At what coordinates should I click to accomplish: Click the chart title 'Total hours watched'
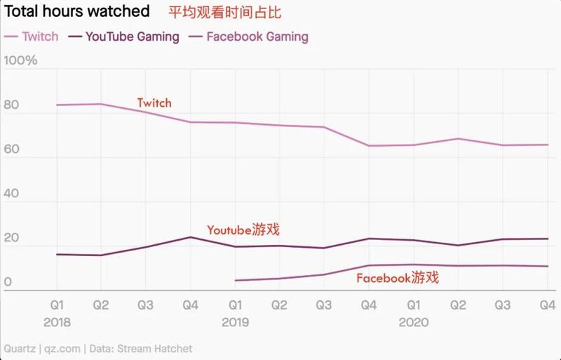77,11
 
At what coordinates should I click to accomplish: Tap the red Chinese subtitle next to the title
224,13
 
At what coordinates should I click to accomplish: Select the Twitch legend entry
31,36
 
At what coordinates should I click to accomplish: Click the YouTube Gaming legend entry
124,36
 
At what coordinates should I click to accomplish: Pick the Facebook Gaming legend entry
249,36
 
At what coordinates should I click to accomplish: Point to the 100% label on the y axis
20,60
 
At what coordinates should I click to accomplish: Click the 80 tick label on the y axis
11,105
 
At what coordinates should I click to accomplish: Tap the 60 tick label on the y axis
11,149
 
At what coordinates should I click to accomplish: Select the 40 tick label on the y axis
11,193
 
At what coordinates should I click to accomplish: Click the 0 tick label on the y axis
8,281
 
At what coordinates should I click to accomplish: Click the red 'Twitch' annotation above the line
154,103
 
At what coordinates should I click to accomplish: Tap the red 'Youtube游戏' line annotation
243,229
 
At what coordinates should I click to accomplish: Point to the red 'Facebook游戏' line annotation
398,278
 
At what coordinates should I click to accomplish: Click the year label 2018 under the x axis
57,322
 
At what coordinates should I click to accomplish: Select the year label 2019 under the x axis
235,322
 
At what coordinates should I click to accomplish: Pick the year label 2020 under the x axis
414,322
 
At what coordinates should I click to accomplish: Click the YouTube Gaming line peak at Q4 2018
190,237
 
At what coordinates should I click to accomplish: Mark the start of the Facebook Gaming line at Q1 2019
235,281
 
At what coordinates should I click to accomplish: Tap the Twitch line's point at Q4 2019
369,146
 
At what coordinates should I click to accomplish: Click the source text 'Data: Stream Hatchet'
141,349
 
